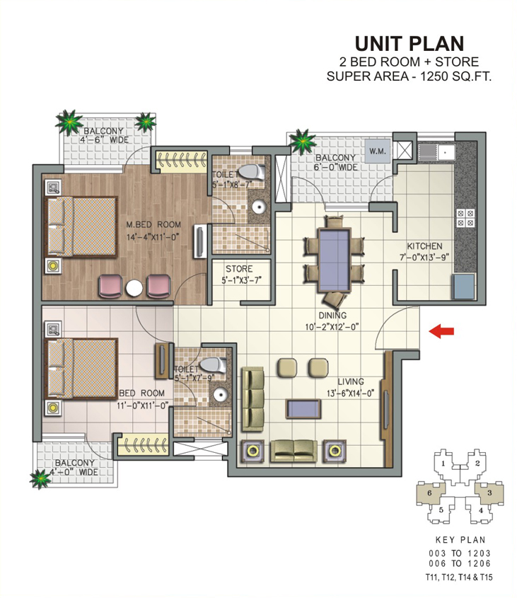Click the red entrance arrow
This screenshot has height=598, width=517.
(x=441, y=331)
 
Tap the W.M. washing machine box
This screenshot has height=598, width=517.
(x=378, y=151)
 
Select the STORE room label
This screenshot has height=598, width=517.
(x=239, y=268)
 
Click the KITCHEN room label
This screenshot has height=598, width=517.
(x=424, y=246)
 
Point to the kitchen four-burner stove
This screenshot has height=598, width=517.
(x=465, y=218)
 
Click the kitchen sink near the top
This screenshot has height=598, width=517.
(x=436, y=153)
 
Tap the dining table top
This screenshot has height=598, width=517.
(x=335, y=260)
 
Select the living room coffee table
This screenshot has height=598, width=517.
(x=303, y=408)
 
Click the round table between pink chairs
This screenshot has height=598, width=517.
(x=134, y=288)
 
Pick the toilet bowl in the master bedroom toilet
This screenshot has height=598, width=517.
(x=251, y=172)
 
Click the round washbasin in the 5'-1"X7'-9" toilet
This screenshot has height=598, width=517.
(x=221, y=395)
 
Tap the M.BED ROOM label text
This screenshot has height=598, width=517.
(x=153, y=224)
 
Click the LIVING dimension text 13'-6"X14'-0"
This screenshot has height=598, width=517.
(x=350, y=393)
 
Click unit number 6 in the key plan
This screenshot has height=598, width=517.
(x=429, y=493)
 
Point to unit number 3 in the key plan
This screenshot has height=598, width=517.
(x=489, y=493)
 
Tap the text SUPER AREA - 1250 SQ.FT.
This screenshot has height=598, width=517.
(x=409, y=76)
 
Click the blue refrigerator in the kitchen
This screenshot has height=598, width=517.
(x=464, y=286)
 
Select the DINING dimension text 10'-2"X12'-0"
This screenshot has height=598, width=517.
(x=332, y=327)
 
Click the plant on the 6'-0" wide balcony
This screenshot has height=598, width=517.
(x=303, y=142)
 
